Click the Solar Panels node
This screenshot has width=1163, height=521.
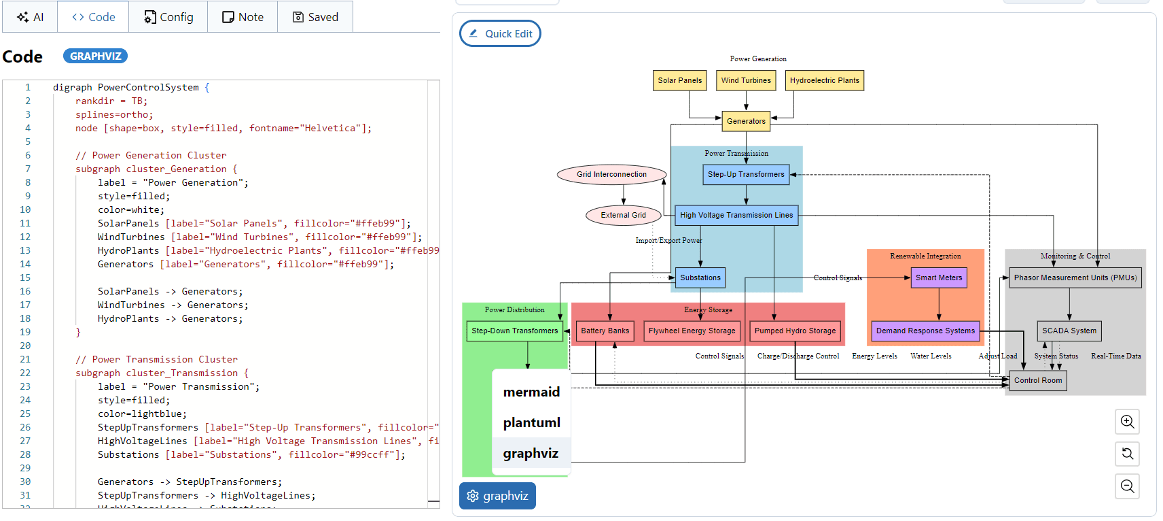[679, 80]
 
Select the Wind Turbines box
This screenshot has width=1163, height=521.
[746, 80]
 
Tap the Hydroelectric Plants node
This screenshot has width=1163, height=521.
[824, 80]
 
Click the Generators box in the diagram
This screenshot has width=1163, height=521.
[746, 121]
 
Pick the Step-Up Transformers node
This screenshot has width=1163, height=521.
[746, 174]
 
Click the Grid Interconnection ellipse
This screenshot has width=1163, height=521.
[611, 174]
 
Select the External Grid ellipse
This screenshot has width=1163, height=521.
[623, 215]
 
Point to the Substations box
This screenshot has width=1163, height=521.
[700, 278]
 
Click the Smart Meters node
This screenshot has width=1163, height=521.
[938, 278]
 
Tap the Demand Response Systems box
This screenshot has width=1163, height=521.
[925, 331]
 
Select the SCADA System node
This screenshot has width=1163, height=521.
[1069, 331]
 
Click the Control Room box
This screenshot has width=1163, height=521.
[1037, 380]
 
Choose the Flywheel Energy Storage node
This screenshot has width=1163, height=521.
[692, 331]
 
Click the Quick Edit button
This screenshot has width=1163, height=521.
[500, 33]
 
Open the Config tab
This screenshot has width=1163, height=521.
[168, 17]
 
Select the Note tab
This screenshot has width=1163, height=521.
[243, 17]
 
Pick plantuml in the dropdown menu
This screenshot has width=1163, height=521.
[531, 422]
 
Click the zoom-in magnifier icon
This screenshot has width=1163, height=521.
[1127, 421]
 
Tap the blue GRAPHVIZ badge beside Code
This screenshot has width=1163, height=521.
[95, 56]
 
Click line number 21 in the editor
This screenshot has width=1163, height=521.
[25, 359]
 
